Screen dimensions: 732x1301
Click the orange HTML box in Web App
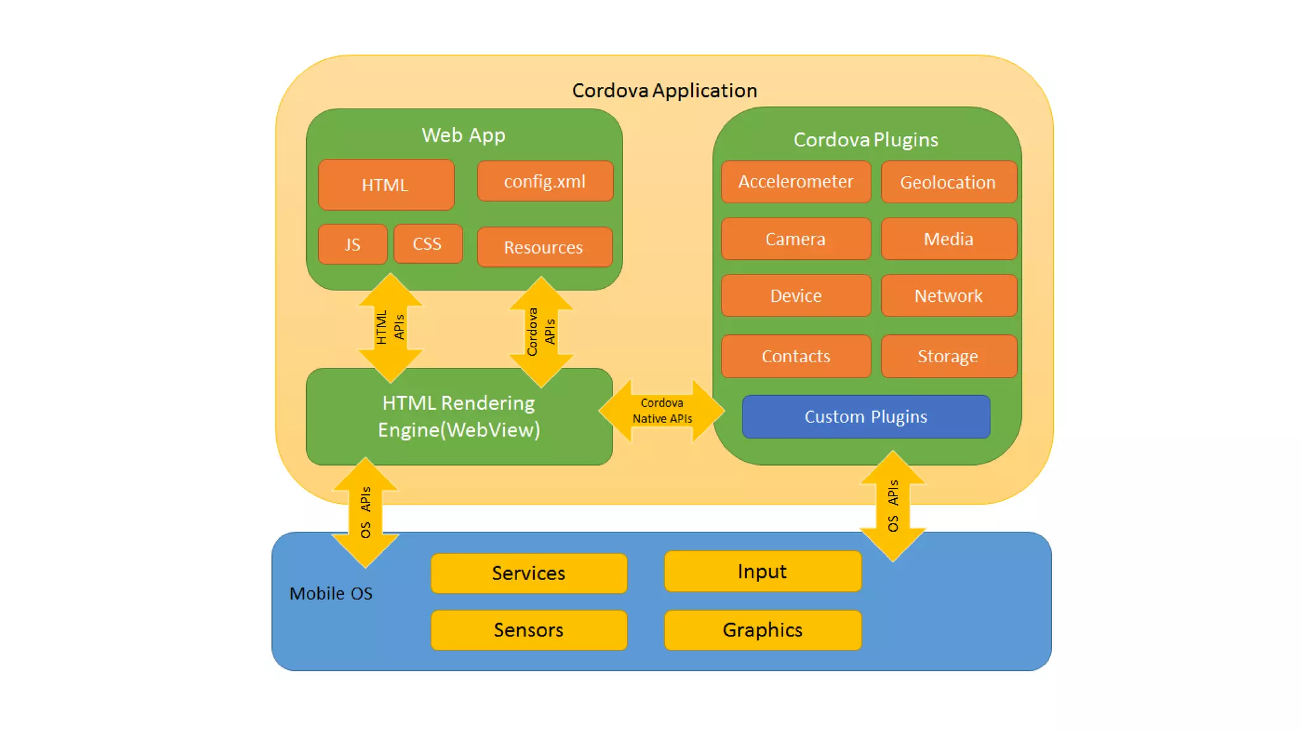386,185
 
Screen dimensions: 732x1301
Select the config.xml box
544,182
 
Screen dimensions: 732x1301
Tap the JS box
353,244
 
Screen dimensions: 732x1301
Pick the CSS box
428,244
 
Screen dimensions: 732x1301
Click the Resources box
544,247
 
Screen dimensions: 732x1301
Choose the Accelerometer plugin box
795,182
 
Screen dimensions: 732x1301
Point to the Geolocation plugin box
948,182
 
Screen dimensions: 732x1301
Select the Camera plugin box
795,239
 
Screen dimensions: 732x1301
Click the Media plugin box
948,239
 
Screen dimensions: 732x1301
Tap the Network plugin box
948,295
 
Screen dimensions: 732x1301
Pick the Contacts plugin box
795,356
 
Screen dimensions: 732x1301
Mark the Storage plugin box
948,356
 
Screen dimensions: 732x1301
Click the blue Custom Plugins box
866,417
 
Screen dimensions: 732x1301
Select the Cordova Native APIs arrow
662,411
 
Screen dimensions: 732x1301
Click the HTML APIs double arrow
390,328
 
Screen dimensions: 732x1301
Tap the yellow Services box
529,573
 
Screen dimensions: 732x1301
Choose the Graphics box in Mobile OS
762,630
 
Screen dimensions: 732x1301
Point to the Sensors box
529,630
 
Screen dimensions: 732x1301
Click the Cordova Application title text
664,91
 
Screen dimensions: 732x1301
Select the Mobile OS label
331,593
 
